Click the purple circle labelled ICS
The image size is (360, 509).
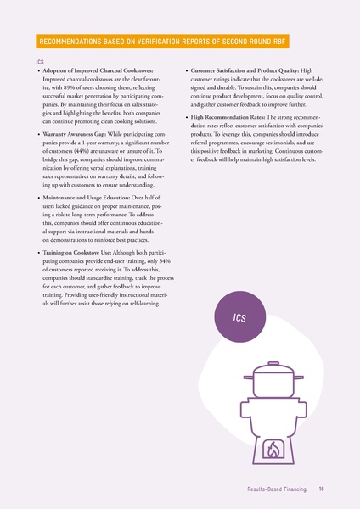click(239, 317)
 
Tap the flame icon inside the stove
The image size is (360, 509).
click(273, 450)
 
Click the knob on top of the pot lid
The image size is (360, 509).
click(273, 364)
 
